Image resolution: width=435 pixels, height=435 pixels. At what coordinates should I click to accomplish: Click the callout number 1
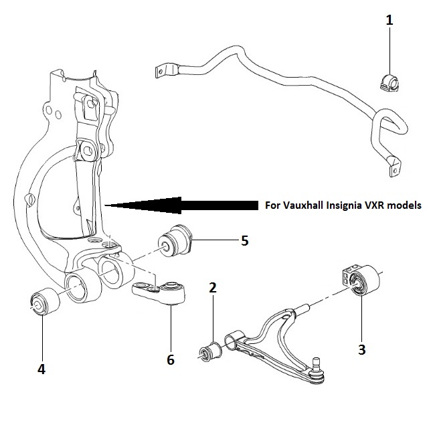pyautogui.click(x=389, y=20)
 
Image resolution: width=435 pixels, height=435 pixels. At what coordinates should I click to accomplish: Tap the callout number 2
pyautogui.click(x=213, y=288)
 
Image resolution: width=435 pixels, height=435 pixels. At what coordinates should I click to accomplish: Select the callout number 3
pyautogui.click(x=362, y=349)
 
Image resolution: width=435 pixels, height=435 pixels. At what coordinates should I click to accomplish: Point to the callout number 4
pyautogui.click(x=41, y=369)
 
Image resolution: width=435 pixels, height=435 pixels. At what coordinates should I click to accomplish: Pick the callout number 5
pyautogui.click(x=244, y=240)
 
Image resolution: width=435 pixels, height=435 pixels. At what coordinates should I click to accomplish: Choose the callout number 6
pyautogui.click(x=171, y=360)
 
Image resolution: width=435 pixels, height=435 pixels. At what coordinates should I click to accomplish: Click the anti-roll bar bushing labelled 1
pyautogui.click(x=388, y=82)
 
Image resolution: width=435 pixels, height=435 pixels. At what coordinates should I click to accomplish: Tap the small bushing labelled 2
pyautogui.click(x=210, y=352)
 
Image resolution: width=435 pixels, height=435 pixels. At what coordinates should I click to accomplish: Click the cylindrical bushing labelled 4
pyautogui.click(x=44, y=302)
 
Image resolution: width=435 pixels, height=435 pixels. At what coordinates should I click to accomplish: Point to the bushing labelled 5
pyautogui.click(x=175, y=241)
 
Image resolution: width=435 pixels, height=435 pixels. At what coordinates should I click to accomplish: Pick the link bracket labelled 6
pyautogui.click(x=159, y=292)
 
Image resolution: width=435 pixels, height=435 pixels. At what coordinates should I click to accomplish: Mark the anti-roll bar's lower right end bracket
pyautogui.click(x=394, y=166)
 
